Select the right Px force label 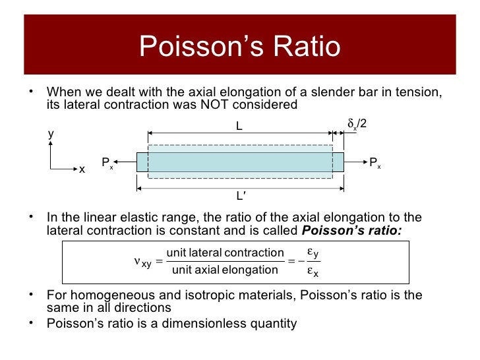[374, 163]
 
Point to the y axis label [51, 135]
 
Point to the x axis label [82, 170]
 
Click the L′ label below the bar [241, 196]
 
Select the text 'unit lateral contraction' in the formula [225, 253]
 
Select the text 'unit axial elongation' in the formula [225, 270]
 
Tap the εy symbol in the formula [313, 252]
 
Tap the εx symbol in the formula [313, 272]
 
